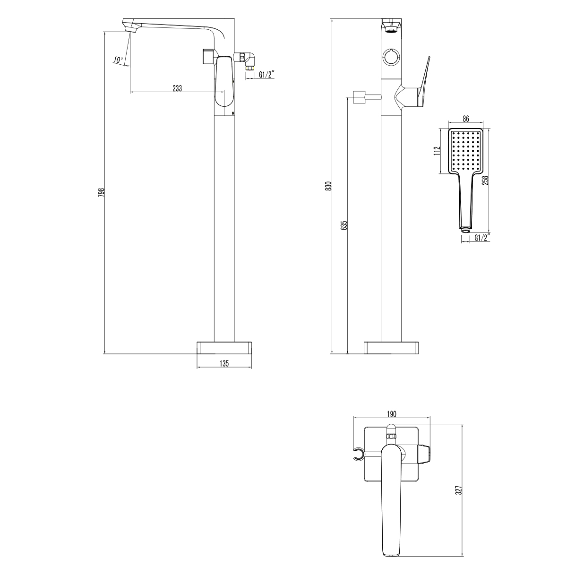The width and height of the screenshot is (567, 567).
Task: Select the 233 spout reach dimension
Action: pyautogui.click(x=177, y=87)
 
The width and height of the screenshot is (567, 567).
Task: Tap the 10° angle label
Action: pyautogui.click(x=118, y=60)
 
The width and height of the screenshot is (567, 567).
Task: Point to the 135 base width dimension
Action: pyautogui.click(x=224, y=363)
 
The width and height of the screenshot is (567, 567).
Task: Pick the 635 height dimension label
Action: pyautogui.click(x=344, y=224)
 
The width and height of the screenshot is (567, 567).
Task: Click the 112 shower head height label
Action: pyautogui.click(x=437, y=150)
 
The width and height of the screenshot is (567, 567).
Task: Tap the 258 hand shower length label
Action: pyautogui.click(x=485, y=180)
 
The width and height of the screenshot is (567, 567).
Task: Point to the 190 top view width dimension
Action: pyautogui.click(x=392, y=414)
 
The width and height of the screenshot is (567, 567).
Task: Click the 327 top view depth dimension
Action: pyautogui.click(x=458, y=490)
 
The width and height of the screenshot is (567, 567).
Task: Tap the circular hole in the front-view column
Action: pyautogui.click(x=391, y=57)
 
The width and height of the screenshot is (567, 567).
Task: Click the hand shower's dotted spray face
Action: pyautogui.click(x=465, y=151)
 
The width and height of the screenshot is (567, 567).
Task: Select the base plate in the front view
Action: pyautogui.click(x=391, y=347)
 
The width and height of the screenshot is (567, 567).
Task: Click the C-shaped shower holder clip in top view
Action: pyautogui.click(x=360, y=455)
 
